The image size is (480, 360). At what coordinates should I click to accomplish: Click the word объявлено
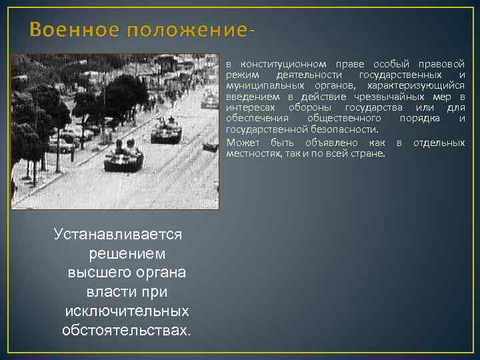coord(331,143)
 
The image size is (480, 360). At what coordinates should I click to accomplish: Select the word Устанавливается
coord(118,235)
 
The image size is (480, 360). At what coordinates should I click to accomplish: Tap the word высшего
coord(93,273)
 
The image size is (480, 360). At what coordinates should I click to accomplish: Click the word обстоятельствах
coord(126,331)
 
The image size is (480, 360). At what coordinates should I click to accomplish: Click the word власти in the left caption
coord(107,293)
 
